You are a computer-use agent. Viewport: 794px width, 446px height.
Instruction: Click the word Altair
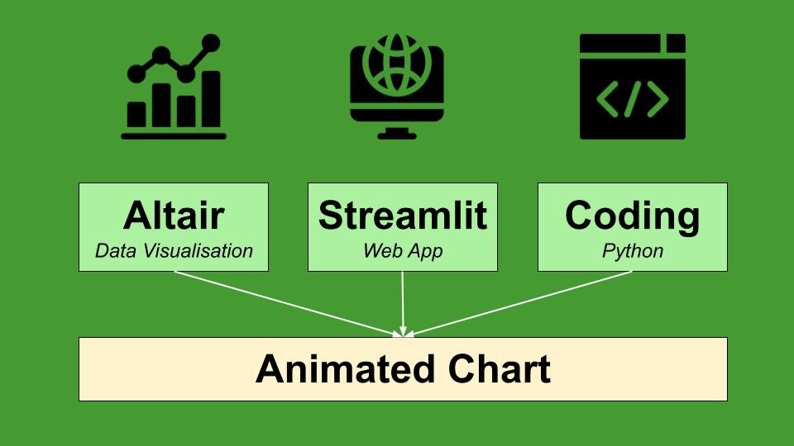click(x=174, y=216)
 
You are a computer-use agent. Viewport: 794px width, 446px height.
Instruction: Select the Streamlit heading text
click(x=403, y=216)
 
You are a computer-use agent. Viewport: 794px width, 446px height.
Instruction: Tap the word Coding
click(x=633, y=216)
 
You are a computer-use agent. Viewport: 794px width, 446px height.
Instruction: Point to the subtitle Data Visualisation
click(x=174, y=251)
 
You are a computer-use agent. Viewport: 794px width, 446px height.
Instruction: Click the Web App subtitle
click(x=403, y=251)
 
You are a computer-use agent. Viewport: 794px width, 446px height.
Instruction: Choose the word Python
click(x=633, y=251)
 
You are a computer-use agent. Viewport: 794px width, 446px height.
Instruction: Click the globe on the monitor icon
click(x=397, y=62)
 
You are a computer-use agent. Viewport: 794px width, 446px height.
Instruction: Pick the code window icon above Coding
click(x=633, y=87)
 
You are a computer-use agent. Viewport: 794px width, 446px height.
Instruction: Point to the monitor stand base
click(x=397, y=135)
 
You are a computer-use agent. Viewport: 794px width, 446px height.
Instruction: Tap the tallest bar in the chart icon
click(x=212, y=100)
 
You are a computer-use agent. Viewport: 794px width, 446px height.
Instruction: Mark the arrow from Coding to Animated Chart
click(x=521, y=303)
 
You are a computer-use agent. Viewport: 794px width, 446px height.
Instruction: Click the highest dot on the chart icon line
click(x=212, y=42)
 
